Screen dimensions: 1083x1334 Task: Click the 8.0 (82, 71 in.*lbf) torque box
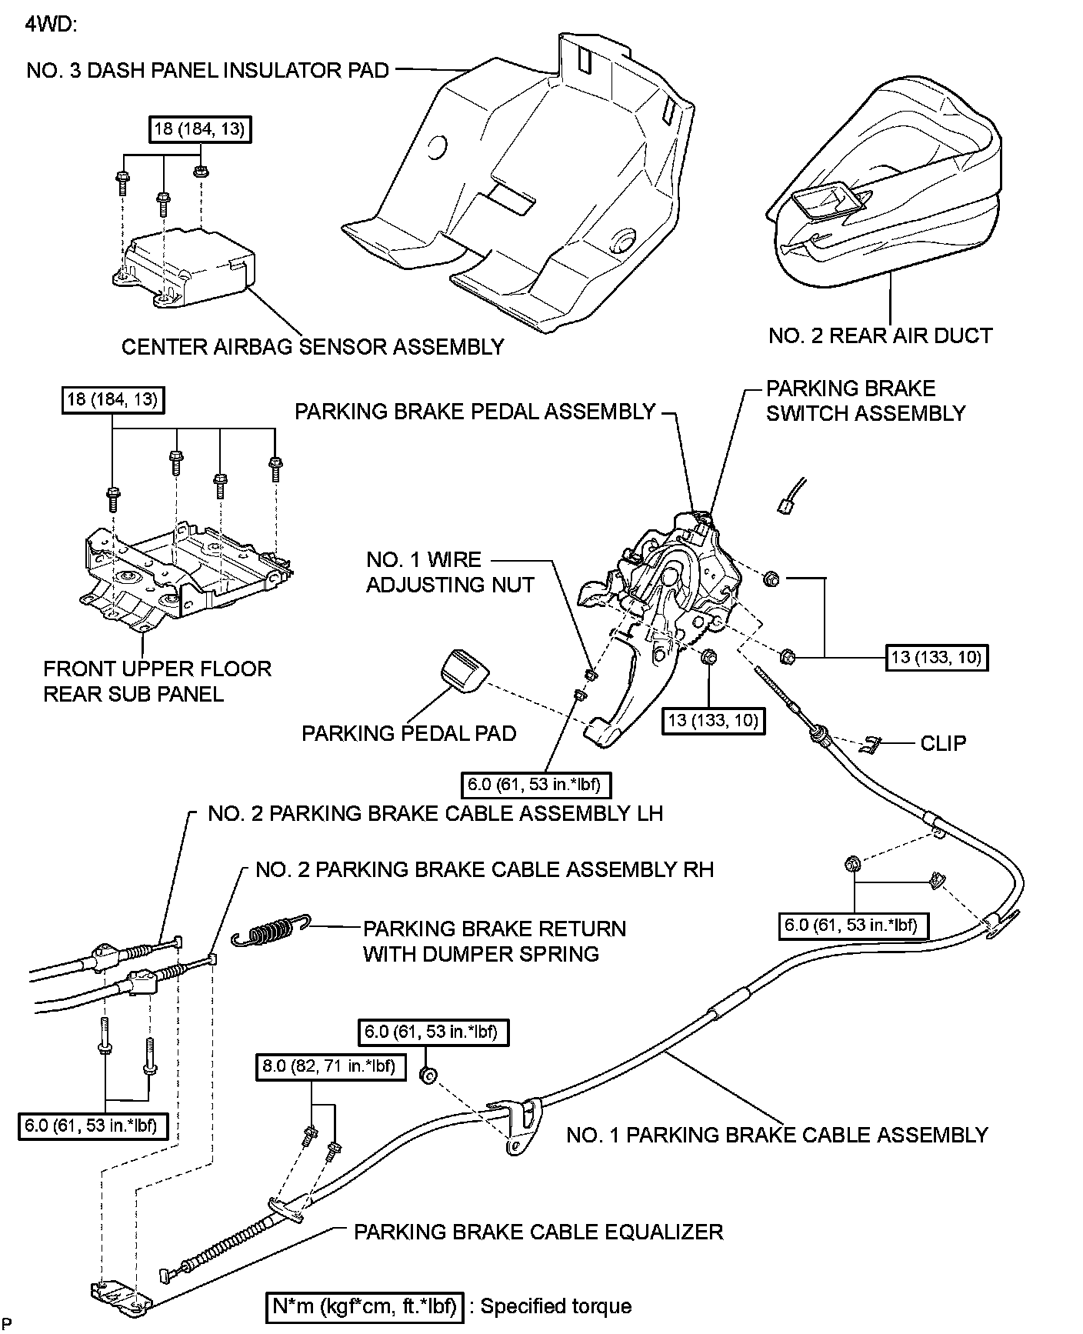(x=331, y=1066)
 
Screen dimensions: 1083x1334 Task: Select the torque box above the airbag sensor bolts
(x=200, y=129)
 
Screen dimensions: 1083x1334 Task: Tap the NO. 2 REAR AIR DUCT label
(x=881, y=335)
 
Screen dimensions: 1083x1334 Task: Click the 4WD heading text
(x=51, y=23)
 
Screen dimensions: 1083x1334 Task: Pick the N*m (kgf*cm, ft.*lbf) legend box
(x=365, y=1306)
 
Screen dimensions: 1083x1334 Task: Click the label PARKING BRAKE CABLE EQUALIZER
(x=538, y=1232)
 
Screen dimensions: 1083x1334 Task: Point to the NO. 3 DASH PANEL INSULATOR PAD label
(x=208, y=71)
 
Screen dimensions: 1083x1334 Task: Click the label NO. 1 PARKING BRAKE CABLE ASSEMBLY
(x=777, y=1135)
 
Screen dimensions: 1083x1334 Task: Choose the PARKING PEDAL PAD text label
(x=408, y=733)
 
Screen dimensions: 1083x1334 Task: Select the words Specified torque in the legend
(x=555, y=1306)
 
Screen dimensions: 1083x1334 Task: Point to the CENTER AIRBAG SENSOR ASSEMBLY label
(x=313, y=347)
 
